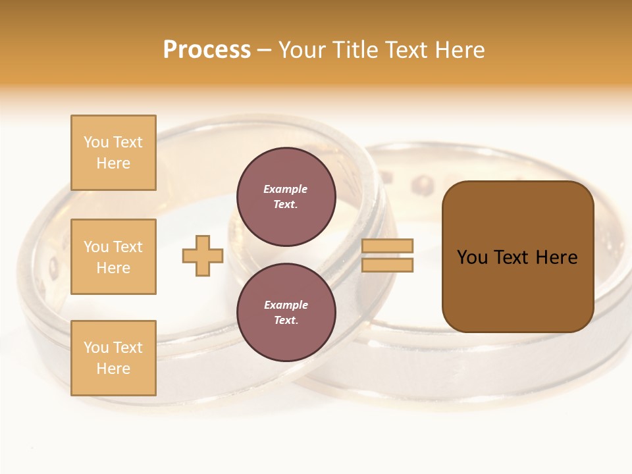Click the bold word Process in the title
(207, 50)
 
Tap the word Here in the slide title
(461, 50)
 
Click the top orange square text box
(113, 153)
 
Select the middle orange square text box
(113, 257)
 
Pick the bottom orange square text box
(113, 358)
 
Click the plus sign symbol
(203, 255)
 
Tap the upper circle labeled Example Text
(286, 196)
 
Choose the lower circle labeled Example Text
(286, 312)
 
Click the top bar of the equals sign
(387, 246)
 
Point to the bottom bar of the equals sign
(387, 265)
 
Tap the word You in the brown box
(472, 257)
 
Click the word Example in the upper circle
(286, 189)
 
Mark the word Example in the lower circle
(286, 305)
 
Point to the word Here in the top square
(113, 163)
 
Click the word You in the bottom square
(96, 348)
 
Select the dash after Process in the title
(264, 50)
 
